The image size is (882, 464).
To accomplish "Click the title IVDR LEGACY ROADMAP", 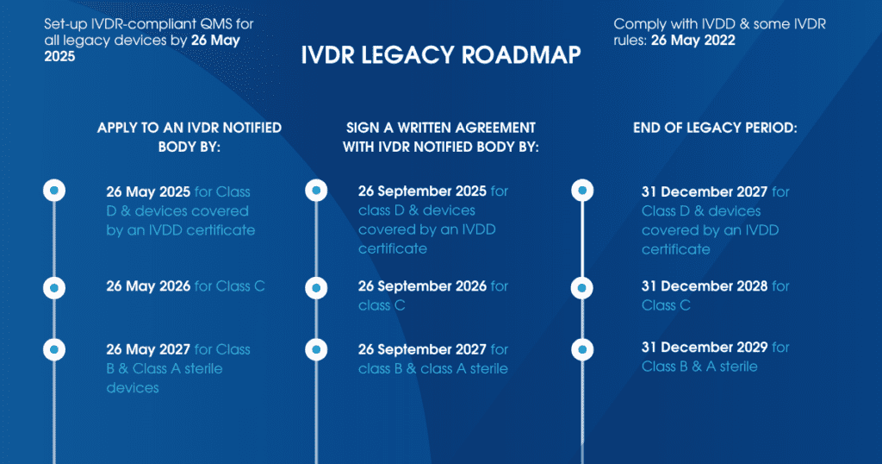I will click(440, 55).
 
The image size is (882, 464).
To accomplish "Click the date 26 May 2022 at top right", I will click(693, 40).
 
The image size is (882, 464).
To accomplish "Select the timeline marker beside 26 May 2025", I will click(54, 191).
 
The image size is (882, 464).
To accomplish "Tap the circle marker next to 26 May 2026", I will click(54, 287).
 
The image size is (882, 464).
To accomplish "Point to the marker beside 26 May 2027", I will click(54, 349).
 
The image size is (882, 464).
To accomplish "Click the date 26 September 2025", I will click(422, 191).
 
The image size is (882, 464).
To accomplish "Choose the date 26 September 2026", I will click(422, 286).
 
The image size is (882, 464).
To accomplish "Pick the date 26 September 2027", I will click(422, 349).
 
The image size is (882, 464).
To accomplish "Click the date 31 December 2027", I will click(704, 191).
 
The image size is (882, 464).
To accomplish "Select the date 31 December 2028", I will click(704, 286).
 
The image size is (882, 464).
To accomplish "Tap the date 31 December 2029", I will click(704, 348).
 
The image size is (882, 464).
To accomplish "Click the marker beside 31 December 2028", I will click(583, 287).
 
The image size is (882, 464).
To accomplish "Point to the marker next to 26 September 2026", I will click(316, 287).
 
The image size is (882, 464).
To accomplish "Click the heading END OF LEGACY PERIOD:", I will click(715, 128).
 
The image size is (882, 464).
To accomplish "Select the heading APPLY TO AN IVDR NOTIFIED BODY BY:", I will click(189, 137).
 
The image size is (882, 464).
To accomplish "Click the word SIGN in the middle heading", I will click(362, 128).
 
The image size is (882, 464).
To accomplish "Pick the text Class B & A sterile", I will click(699, 367).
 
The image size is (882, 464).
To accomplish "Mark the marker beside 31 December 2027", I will click(583, 191).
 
